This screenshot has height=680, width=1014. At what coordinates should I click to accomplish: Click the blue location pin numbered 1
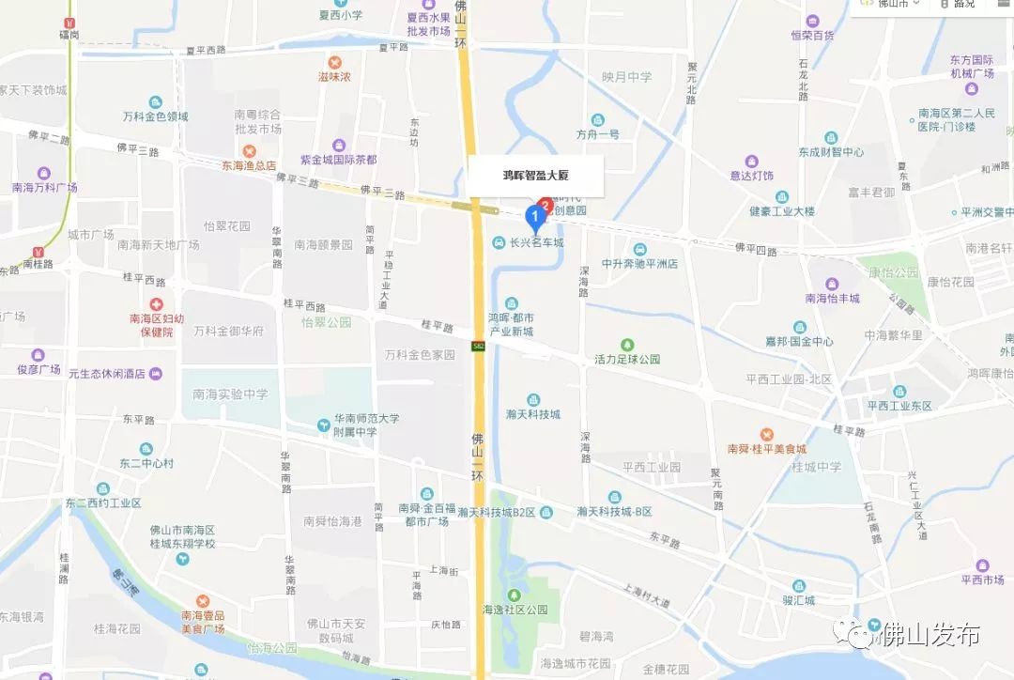[x=535, y=218]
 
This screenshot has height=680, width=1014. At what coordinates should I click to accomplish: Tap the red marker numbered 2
[x=546, y=204]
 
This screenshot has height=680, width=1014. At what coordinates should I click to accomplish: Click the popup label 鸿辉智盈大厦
[x=536, y=175]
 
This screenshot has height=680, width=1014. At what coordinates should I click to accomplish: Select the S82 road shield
[x=479, y=347]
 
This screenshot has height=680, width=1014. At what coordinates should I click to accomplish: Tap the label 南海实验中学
[x=230, y=395]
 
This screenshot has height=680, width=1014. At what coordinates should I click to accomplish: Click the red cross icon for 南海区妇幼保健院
[x=157, y=305]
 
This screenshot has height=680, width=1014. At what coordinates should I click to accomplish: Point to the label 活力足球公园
[x=627, y=359]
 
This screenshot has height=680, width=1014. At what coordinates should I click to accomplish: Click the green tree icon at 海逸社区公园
[x=514, y=595]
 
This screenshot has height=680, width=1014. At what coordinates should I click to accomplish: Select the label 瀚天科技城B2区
[x=497, y=512]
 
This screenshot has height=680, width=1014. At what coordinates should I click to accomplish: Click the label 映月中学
[x=627, y=77]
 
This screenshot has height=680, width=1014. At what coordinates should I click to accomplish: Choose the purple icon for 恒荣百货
[x=812, y=21]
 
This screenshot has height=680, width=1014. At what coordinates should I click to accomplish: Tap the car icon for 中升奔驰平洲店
[x=639, y=249]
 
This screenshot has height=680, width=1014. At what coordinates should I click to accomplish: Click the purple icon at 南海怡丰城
[x=831, y=285]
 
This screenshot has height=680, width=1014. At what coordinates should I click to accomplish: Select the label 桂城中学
[x=816, y=467]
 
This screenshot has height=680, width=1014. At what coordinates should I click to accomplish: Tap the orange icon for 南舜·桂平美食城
[x=766, y=434]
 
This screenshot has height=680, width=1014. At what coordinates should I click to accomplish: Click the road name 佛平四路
[x=756, y=248]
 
